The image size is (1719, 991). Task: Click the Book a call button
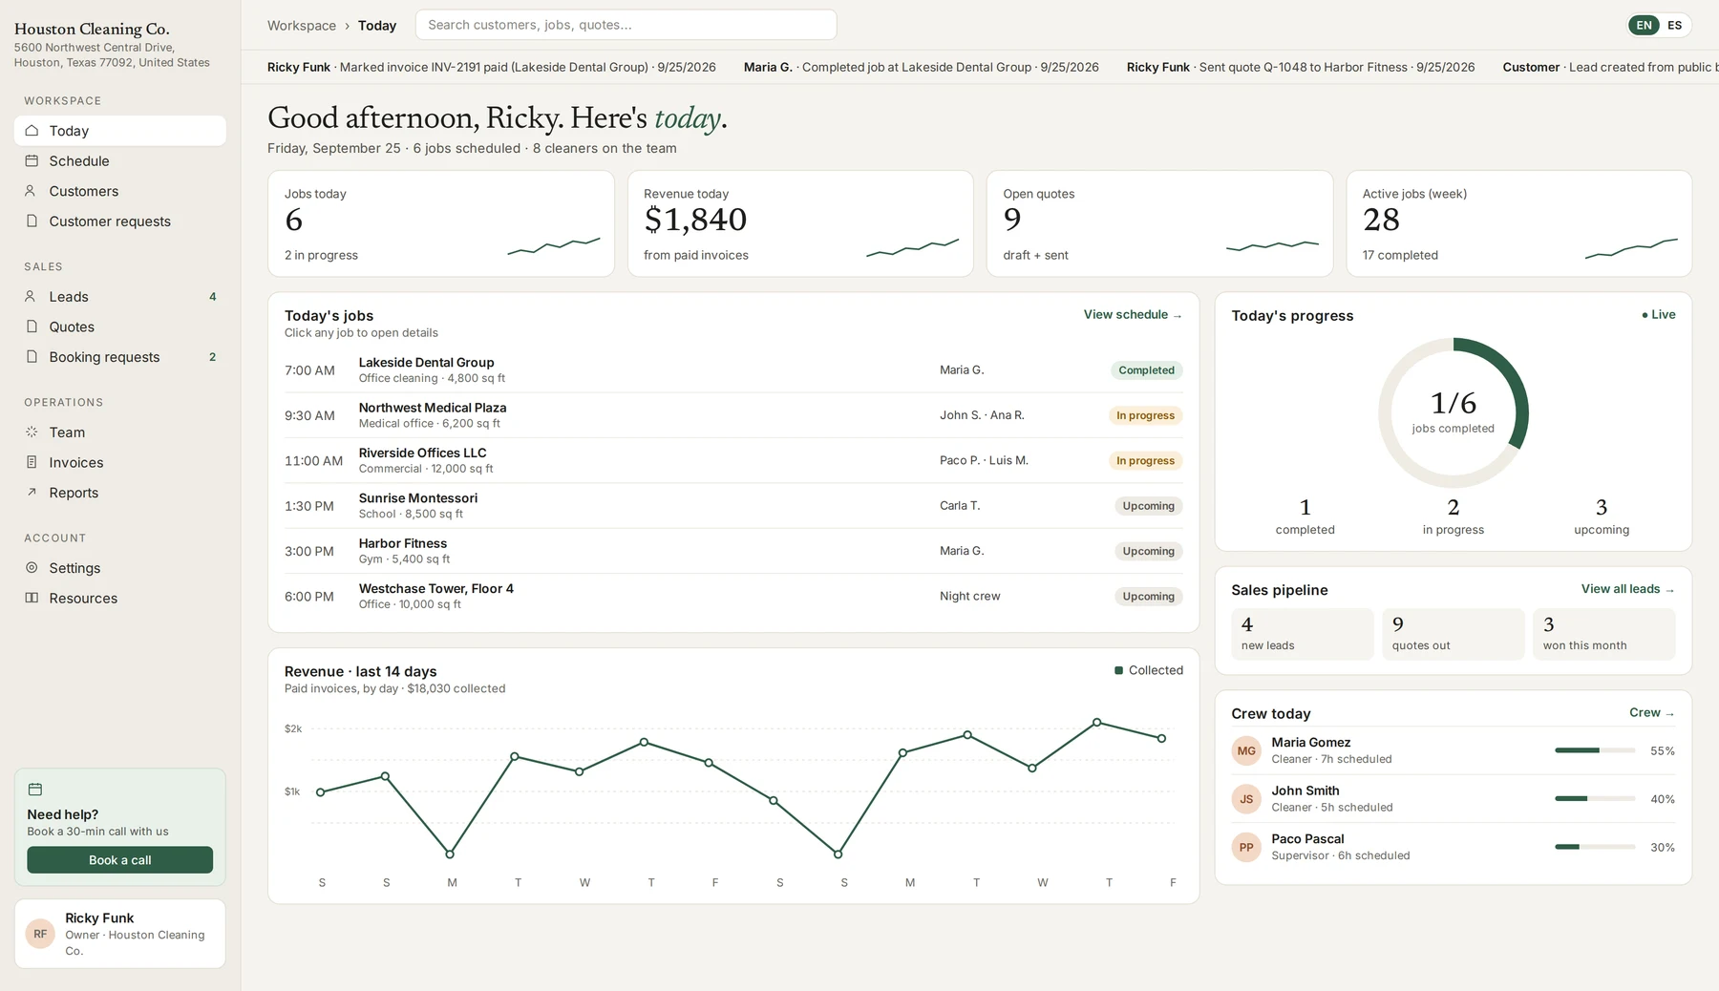click(119, 860)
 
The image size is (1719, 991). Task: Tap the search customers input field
click(626, 25)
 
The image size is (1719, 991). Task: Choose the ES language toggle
click(1674, 26)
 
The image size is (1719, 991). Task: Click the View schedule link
click(1133, 315)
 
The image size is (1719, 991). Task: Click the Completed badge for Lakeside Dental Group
click(1146, 370)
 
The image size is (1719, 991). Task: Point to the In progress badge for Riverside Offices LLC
click(1145, 461)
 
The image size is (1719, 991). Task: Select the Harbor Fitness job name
click(403, 543)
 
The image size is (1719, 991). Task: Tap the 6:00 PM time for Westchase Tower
click(309, 597)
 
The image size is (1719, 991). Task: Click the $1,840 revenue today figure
click(695, 220)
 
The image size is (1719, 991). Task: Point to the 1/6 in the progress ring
click(1454, 403)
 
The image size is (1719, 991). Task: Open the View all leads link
click(1627, 589)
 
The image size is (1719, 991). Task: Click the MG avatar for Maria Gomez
click(1246, 751)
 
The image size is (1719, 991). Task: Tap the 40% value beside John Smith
click(1663, 799)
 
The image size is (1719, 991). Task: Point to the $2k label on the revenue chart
click(293, 728)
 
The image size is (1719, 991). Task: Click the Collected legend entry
click(1149, 670)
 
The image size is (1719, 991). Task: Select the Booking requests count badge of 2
click(212, 357)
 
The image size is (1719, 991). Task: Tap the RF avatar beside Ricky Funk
click(40, 934)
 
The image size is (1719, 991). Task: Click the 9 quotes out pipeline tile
click(1454, 634)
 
